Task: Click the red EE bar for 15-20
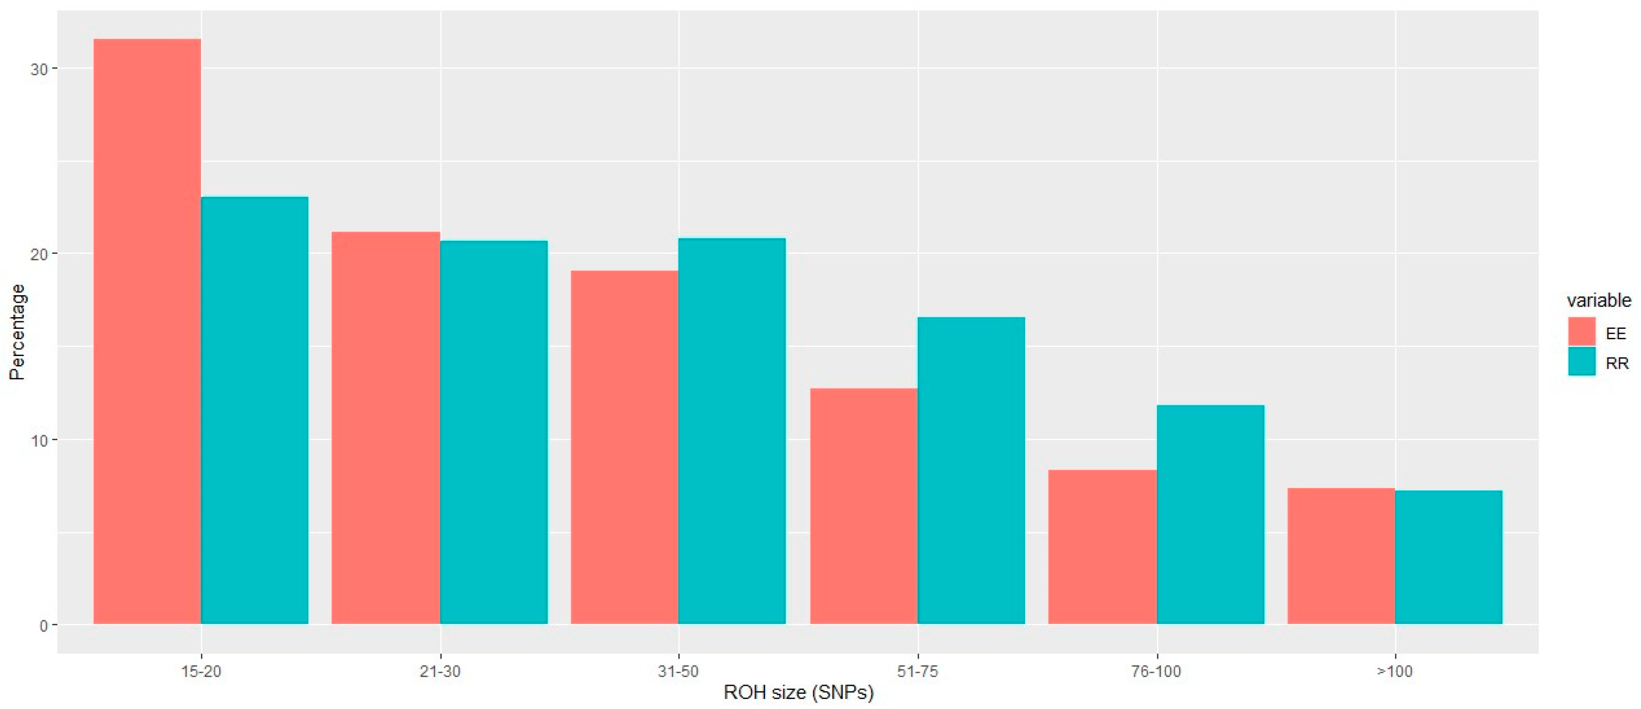coord(147,331)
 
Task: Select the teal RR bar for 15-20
coord(255,410)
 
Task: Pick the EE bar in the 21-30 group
coord(386,428)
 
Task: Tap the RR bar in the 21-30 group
coord(494,432)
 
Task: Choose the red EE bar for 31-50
coord(624,447)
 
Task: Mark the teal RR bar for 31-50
coord(732,431)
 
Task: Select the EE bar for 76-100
coord(1102,546)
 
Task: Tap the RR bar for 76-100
coord(1210,514)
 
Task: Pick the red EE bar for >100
coord(1341,555)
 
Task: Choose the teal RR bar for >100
coord(1449,557)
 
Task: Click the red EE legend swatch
coord(1581,332)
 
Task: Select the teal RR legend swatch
coord(1581,361)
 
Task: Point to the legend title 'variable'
coord(1599,300)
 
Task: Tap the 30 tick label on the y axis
coord(39,69)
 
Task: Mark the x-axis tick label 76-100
coord(1156,671)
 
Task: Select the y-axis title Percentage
coord(17,332)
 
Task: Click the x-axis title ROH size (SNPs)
coord(798,692)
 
